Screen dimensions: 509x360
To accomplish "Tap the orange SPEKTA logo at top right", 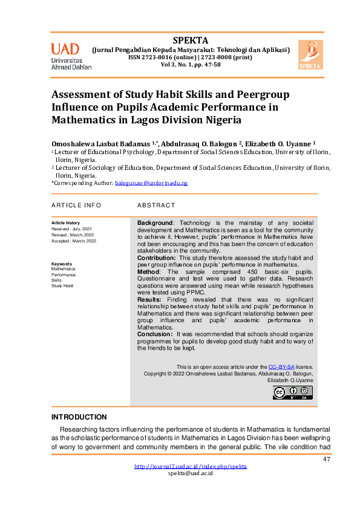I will [310, 54].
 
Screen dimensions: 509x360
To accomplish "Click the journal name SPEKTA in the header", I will [190, 41].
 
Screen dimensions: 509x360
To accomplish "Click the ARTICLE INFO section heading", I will [76, 206].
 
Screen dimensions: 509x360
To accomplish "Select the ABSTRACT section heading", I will [156, 206].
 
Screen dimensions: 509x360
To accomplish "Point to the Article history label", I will [65, 224].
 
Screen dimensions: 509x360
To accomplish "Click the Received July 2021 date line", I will [71, 230].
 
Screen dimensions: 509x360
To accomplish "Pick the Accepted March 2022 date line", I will [74, 241].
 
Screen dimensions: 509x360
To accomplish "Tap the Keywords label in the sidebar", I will [62, 264].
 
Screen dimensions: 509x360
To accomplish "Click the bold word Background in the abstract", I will [155, 224].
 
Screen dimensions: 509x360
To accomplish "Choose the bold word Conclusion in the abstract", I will [155, 334].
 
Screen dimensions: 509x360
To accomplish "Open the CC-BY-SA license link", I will [281, 367].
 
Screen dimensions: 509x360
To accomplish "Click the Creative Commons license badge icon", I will [292, 393].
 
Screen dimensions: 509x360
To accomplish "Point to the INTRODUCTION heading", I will [79, 417].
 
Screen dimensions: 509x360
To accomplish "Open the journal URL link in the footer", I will [190, 467].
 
